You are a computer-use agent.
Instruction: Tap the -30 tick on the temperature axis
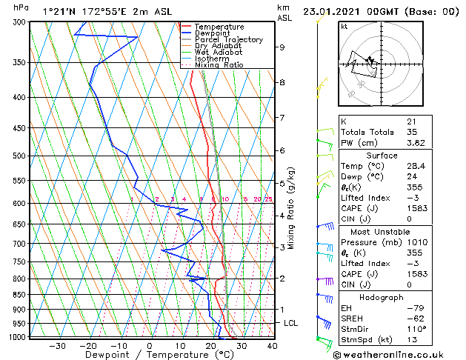pos(57,345)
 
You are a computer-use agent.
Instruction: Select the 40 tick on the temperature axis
pos(272,345)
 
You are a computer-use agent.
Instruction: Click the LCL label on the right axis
pos(291,324)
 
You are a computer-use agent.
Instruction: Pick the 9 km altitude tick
pos(282,47)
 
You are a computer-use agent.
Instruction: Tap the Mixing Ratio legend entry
pos(219,65)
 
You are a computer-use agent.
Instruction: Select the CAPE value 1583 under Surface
pos(416,209)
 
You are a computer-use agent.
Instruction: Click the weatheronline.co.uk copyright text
pos(392,354)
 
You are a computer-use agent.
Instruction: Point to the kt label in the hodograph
pos(344,27)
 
